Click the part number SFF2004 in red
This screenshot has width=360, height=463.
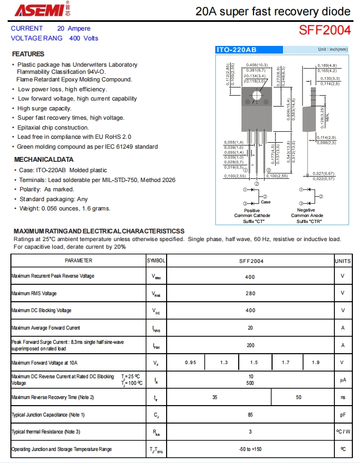point(324,31)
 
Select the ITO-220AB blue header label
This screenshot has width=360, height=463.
point(236,50)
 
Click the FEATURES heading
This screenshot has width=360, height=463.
point(28,54)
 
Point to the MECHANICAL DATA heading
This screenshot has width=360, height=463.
point(43,160)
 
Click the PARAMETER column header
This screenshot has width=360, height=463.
point(78,261)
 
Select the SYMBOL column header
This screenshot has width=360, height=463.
point(156,261)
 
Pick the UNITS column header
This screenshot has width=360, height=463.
point(343,261)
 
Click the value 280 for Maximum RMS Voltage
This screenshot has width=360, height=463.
point(250,294)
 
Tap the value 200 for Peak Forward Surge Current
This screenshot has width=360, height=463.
point(250,345)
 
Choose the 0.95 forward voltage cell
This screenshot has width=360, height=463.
point(191,362)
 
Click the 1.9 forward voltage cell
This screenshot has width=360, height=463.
point(316,362)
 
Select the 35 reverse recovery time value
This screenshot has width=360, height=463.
point(215,397)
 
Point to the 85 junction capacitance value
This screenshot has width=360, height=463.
point(250,415)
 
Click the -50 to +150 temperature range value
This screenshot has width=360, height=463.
point(250,449)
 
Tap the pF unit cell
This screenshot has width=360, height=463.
point(343,415)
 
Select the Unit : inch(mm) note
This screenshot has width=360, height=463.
point(333,50)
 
